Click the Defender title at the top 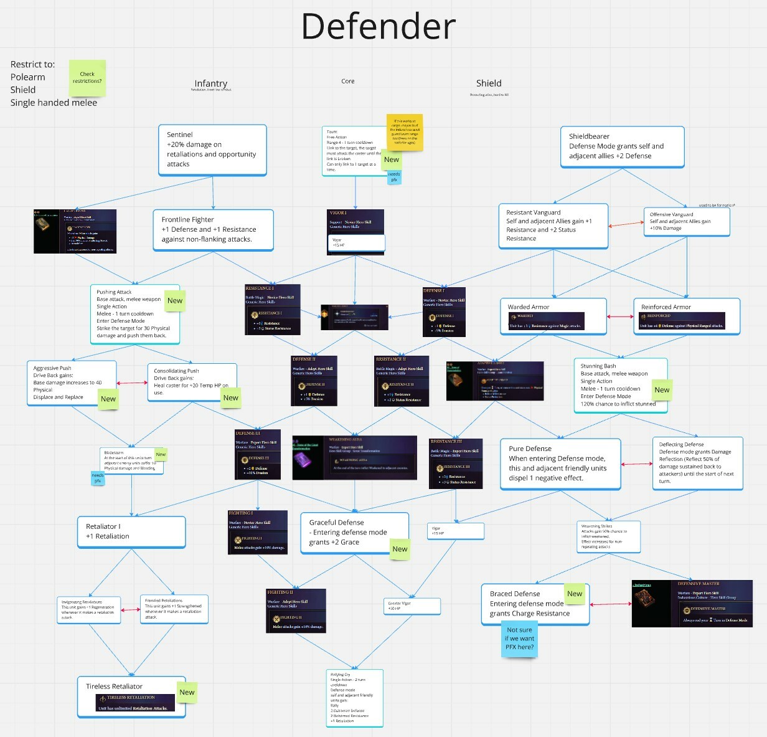pyautogui.click(x=379, y=27)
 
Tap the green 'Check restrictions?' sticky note pyautogui.click(x=87, y=78)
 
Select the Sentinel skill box pyautogui.click(x=212, y=150)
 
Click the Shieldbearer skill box pyautogui.click(x=622, y=147)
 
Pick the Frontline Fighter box pyautogui.click(x=213, y=229)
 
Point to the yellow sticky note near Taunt pyautogui.click(x=405, y=132)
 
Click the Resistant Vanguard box pyautogui.click(x=553, y=226)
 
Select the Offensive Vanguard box pyautogui.click(x=686, y=222)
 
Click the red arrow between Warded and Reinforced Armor pyautogui.click(x=620, y=316)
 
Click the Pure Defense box pyautogui.click(x=560, y=464)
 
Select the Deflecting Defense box pyautogui.click(x=697, y=463)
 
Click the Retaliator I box pyautogui.click(x=131, y=531)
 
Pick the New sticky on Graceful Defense pyautogui.click(x=400, y=549)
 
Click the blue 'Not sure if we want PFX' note pyautogui.click(x=519, y=639)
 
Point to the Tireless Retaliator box pyautogui.click(x=131, y=697)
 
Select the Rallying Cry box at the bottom pyautogui.click(x=354, y=697)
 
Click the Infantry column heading pyautogui.click(x=210, y=83)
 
